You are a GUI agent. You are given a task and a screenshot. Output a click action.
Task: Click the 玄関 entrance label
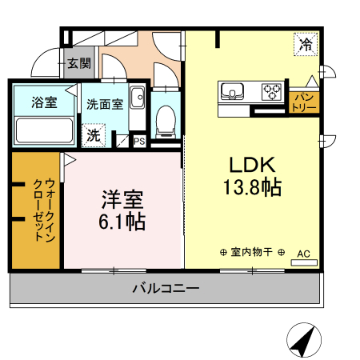click(x=79, y=63)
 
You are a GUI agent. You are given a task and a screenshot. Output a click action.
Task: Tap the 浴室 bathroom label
click(x=44, y=102)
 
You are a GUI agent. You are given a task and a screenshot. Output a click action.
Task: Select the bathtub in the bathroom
click(x=44, y=130)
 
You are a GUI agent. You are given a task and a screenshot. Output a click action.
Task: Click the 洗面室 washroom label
click(x=105, y=104)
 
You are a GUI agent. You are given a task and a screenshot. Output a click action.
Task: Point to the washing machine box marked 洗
click(x=94, y=135)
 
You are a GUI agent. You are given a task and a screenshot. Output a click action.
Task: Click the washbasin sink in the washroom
click(x=137, y=98)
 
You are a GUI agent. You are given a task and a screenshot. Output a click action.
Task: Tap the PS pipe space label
click(x=139, y=141)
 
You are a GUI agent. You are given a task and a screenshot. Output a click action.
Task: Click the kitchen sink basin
click(x=232, y=90)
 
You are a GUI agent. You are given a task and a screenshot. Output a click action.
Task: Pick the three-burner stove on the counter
click(x=272, y=92)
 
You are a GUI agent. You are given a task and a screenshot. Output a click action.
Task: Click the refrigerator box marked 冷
click(x=306, y=44)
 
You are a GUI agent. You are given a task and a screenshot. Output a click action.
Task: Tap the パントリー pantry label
click(x=304, y=102)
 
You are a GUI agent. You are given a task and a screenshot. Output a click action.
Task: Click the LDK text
click(x=252, y=165)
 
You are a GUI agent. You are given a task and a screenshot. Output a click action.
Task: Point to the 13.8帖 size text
click(x=252, y=187)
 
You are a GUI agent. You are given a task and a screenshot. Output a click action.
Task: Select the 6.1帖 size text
click(x=122, y=222)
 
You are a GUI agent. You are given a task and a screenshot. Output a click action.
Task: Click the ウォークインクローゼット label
click(x=44, y=210)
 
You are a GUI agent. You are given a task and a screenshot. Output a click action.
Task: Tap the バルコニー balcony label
click(x=166, y=288)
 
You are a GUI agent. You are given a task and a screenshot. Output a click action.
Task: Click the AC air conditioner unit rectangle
click(x=304, y=262)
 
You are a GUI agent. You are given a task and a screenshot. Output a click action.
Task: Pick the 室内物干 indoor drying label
click(x=252, y=252)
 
